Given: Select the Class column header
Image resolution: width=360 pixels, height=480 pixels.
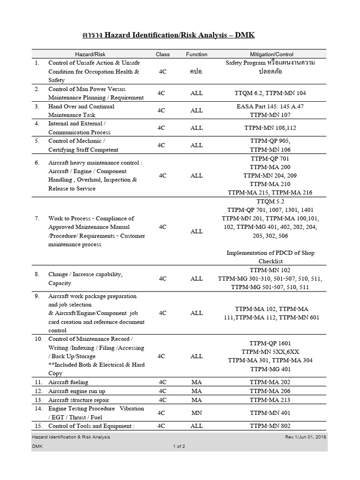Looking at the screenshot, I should pos(163,54).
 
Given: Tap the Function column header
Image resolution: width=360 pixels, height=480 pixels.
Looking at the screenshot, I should pos(196,54).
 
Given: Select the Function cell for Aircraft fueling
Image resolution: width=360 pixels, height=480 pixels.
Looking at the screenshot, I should pos(196,382).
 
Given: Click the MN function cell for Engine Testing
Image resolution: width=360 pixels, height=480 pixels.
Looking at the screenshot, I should pos(196,413).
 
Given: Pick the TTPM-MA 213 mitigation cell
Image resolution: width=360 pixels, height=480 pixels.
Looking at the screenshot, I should pos(270,400).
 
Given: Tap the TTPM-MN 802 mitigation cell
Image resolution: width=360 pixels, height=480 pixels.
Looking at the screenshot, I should pos(270,426).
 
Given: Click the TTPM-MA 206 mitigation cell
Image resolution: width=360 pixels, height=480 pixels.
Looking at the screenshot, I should pos(270,391).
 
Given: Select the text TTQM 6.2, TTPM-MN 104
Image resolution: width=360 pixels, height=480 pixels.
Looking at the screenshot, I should pos(270,93).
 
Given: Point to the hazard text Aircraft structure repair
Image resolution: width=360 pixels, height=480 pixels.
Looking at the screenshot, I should pos(78,400).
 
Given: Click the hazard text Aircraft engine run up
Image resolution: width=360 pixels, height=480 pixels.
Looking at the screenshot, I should pos(76,391).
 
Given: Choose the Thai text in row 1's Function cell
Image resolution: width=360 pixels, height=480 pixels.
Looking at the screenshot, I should pos(196,72).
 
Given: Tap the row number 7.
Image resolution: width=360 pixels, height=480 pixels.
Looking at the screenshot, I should pos(37,218).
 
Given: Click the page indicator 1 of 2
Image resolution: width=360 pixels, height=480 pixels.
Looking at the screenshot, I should pos(179,446).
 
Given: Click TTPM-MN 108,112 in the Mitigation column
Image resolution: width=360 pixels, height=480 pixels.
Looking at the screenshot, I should pos(270,127).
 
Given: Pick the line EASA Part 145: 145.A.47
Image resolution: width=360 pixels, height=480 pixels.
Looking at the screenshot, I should pos(270,106).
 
